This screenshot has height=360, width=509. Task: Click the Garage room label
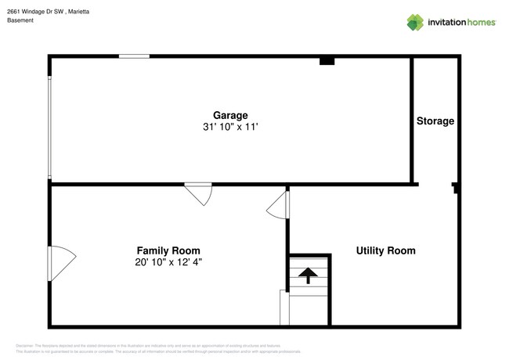(x=230, y=115)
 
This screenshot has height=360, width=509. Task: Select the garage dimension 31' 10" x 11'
(x=230, y=126)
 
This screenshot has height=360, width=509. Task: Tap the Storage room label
(x=435, y=121)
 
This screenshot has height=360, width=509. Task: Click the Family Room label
(x=168, y=251)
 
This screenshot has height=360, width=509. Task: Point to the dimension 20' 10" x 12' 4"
(x=168, y=263)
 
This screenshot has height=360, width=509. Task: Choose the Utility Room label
(x=385, y=251)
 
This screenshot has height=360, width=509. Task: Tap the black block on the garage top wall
(x=327, y=60)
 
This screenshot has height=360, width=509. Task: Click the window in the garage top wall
(x=134, y=56)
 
